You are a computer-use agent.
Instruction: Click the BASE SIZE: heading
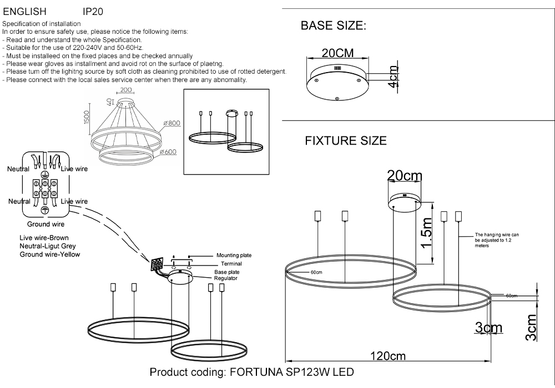[x=333, y=26]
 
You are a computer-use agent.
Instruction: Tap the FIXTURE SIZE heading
[x=345, y=141]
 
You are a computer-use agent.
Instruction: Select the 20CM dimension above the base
[x=337, y=54]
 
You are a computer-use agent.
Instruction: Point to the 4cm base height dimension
[x=393, y=77]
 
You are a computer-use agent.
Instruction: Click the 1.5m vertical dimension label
[x=426, y=233]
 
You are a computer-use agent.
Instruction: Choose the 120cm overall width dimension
[x=388, y=356]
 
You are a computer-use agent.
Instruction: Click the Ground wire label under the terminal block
[x=46, y=224]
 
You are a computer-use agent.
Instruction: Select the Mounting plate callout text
[x=234, y=256]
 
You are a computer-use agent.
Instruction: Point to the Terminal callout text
[x=231, y=264]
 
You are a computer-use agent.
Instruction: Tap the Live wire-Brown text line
[x=44, y=238]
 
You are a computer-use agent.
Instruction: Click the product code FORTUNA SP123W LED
[x=251, y=372]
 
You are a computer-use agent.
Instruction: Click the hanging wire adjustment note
[x=496, y=240]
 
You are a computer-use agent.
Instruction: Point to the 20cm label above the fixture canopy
[x=405, y=176]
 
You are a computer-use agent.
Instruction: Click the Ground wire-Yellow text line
[x=50, y=254]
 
